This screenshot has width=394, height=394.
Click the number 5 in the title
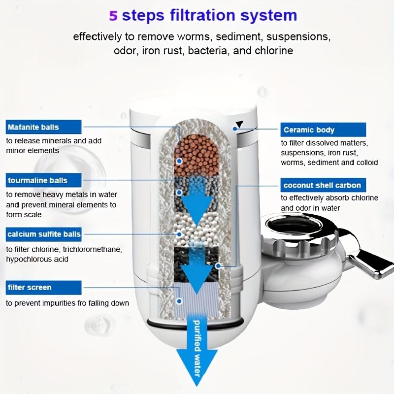[x=113, y=16]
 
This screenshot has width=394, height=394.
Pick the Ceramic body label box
[x=323, y=130]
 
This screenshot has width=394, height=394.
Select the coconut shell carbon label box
[x=323, y=186]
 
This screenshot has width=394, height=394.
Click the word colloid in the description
[x=365, y=163]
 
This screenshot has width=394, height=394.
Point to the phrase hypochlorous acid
[x=37, y=260]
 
